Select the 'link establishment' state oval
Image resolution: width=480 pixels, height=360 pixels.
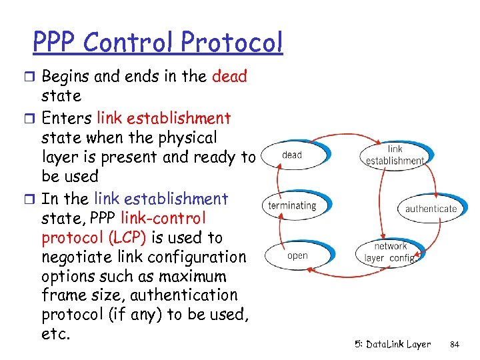[395, 155]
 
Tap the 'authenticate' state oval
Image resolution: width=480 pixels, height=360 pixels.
[431, 208]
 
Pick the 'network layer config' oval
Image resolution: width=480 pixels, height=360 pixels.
[391, 252]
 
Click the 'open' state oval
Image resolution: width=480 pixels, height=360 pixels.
[297, 255]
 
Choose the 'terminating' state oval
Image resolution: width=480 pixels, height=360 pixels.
[292, 205]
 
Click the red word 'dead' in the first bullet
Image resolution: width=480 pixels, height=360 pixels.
[229, 76]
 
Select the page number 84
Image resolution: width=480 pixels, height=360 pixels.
[455, 344]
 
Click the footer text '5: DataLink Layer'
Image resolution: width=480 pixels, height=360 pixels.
[393, 344]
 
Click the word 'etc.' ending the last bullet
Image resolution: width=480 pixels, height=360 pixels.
[56, 333]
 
